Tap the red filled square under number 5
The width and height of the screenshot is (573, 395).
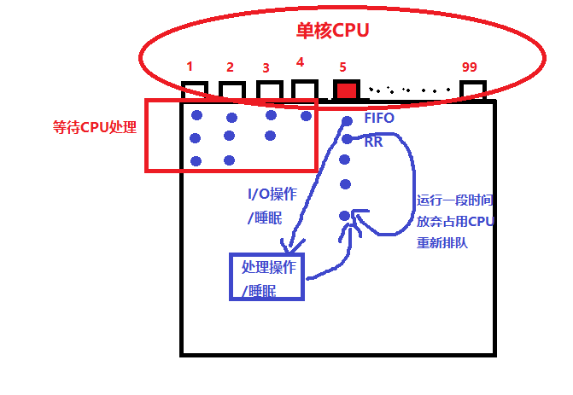[345, 90]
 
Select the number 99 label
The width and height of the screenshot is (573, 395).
[469, 67]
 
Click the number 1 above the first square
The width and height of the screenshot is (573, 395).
[190, 67]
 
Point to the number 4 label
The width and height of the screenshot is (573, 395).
[300, 62]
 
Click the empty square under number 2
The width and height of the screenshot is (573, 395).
[231, 91]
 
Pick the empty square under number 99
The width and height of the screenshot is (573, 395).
[473, 91]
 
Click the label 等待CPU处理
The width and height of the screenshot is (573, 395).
[94, 128]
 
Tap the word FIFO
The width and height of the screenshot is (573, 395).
[379, 119]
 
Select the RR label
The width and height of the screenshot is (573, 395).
[373, 142]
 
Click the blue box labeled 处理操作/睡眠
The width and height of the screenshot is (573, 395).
[268, 277]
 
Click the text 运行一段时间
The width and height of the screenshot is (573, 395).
[455, 201]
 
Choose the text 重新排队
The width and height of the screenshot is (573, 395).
[441, 242]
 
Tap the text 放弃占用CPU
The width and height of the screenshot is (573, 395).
[455, 222]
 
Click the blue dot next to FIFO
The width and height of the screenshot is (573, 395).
[347, 120]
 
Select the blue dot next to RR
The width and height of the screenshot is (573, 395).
[347, 139]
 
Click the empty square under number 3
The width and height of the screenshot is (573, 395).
[268, 90]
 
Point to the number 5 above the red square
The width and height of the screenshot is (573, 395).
[342, 67]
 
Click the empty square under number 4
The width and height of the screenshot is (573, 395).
[305, 90]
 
